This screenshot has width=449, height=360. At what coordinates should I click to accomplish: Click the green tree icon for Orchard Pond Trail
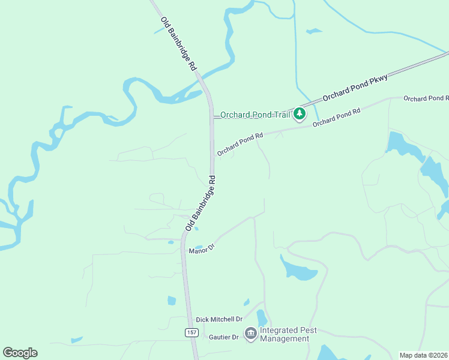click(x=300, y=114)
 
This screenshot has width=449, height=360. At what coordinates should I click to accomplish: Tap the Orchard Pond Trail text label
click(x=255, y=115)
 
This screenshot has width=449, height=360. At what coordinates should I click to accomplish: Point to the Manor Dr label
click(x=202, y=247)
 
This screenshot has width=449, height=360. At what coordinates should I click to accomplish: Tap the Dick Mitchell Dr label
click(x=218, y=320)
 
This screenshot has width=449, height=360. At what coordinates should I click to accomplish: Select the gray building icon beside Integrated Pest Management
click(x=250, y=333)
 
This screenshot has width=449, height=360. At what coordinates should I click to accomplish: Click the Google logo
click(x=20, y=353)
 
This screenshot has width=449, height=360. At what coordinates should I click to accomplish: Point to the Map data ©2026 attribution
click(x=424, y=355)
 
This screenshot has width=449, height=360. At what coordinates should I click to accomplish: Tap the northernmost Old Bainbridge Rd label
click(x=179, y=44)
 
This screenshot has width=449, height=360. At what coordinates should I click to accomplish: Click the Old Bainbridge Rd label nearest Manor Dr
click(x=200, y=203)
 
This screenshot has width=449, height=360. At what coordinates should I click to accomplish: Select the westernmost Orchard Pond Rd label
click(x=240, y=145)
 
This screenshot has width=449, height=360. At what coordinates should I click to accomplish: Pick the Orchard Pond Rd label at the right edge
click(x=426, y=98)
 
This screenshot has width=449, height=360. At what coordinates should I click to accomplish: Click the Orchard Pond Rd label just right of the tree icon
click(x=336, y=116)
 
